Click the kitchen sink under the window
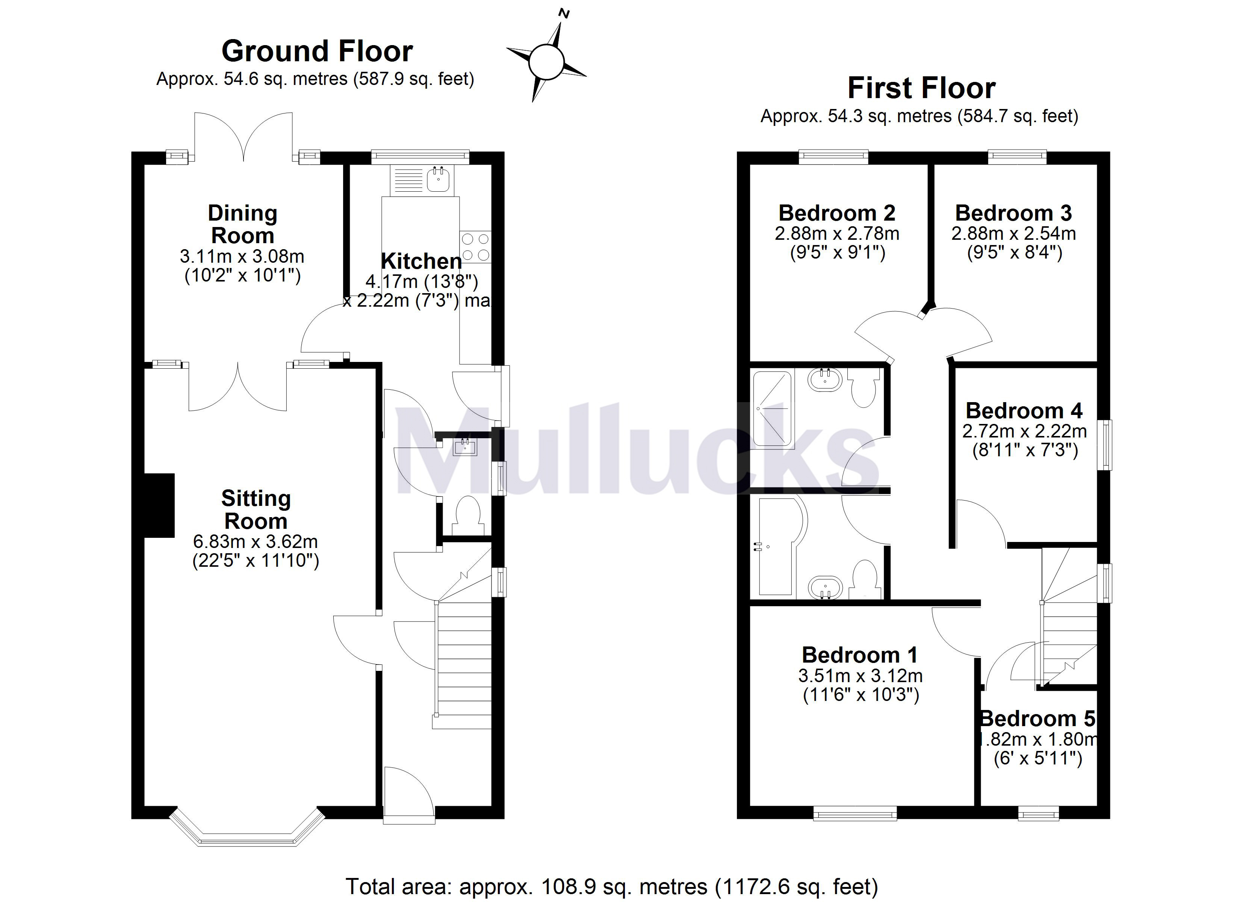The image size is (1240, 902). (438, 179)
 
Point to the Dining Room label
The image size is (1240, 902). (242, 224)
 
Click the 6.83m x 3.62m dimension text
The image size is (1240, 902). (255, 542)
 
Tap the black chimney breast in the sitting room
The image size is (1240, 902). (159, 505)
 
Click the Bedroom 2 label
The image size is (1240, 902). (836, 213)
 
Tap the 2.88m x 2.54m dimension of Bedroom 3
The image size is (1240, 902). (1013, 233)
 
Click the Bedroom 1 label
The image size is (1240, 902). (859, 655)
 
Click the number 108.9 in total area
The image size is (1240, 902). (567, 887)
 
